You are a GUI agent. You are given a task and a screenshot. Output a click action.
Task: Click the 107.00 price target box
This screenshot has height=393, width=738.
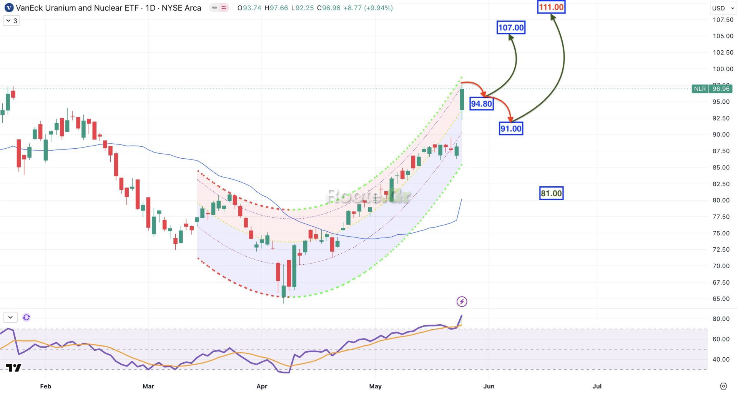tap(510, 28)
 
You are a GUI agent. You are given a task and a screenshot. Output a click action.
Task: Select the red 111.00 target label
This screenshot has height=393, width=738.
tap(551, 7)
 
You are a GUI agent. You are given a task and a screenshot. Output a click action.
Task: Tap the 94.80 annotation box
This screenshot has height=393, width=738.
tap(481, 104)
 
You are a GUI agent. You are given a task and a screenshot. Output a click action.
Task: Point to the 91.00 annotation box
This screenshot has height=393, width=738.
tap(511, 129)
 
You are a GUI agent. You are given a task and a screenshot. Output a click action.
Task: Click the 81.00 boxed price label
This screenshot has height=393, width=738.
tap(551, 193)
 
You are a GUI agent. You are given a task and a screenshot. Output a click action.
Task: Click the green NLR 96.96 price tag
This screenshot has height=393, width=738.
tap(711, 89)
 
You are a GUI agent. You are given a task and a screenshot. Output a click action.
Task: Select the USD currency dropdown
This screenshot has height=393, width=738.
tap(722, 8)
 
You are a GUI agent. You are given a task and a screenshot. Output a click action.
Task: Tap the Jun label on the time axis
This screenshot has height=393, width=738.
tap(489, 386)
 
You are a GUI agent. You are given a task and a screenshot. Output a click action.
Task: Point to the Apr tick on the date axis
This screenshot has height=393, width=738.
tap(262, 386)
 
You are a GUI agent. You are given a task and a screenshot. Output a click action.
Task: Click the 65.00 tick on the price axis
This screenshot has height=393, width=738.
tap(721, 299)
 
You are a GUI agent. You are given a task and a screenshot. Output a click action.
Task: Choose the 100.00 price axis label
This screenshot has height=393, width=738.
tap(723, 69)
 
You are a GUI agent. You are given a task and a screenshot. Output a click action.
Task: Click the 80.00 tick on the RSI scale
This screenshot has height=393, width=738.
tap(721, 319)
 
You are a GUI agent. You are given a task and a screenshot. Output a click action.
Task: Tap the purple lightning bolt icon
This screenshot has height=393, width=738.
tap(462, 302)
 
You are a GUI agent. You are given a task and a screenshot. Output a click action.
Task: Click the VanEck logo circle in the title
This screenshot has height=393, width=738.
tap(9, 8)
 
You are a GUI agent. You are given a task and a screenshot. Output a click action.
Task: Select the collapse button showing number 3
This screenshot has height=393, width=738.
tap(12, 21)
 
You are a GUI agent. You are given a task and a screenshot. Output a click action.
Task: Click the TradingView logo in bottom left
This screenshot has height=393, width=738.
tap(13, 368)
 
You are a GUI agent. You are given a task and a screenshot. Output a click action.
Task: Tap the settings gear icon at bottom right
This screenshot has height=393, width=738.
tap(723, 386)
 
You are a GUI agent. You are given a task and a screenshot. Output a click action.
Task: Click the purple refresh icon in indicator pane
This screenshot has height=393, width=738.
tap(26, 317)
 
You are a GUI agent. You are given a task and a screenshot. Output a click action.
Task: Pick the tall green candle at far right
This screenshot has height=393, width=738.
tap(462, 99)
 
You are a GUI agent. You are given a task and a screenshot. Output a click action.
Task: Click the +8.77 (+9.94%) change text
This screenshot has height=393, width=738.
tap(368, 8)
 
